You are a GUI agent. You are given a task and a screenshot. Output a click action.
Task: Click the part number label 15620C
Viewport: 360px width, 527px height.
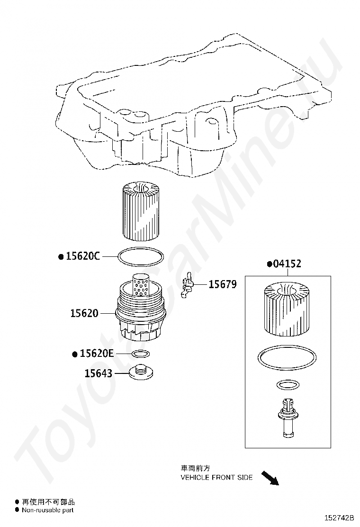coord(82,256)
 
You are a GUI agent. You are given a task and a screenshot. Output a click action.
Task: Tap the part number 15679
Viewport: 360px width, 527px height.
coord(223,284)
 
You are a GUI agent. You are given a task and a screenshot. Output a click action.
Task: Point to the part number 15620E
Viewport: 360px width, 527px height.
coord(97,354)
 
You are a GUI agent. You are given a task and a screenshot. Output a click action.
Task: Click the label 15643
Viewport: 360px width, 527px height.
coord(99,373)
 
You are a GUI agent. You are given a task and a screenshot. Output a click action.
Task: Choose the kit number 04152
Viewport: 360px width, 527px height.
coord(287,264)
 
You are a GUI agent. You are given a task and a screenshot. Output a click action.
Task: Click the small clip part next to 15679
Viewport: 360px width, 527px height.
coord(188,286)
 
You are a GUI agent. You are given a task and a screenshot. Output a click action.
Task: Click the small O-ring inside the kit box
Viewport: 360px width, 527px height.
coord(287,384)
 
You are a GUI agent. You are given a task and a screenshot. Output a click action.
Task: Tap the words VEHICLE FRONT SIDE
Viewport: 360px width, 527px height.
coord(216,477)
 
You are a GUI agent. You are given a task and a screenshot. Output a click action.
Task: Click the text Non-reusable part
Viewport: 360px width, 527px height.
coord(48,510)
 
